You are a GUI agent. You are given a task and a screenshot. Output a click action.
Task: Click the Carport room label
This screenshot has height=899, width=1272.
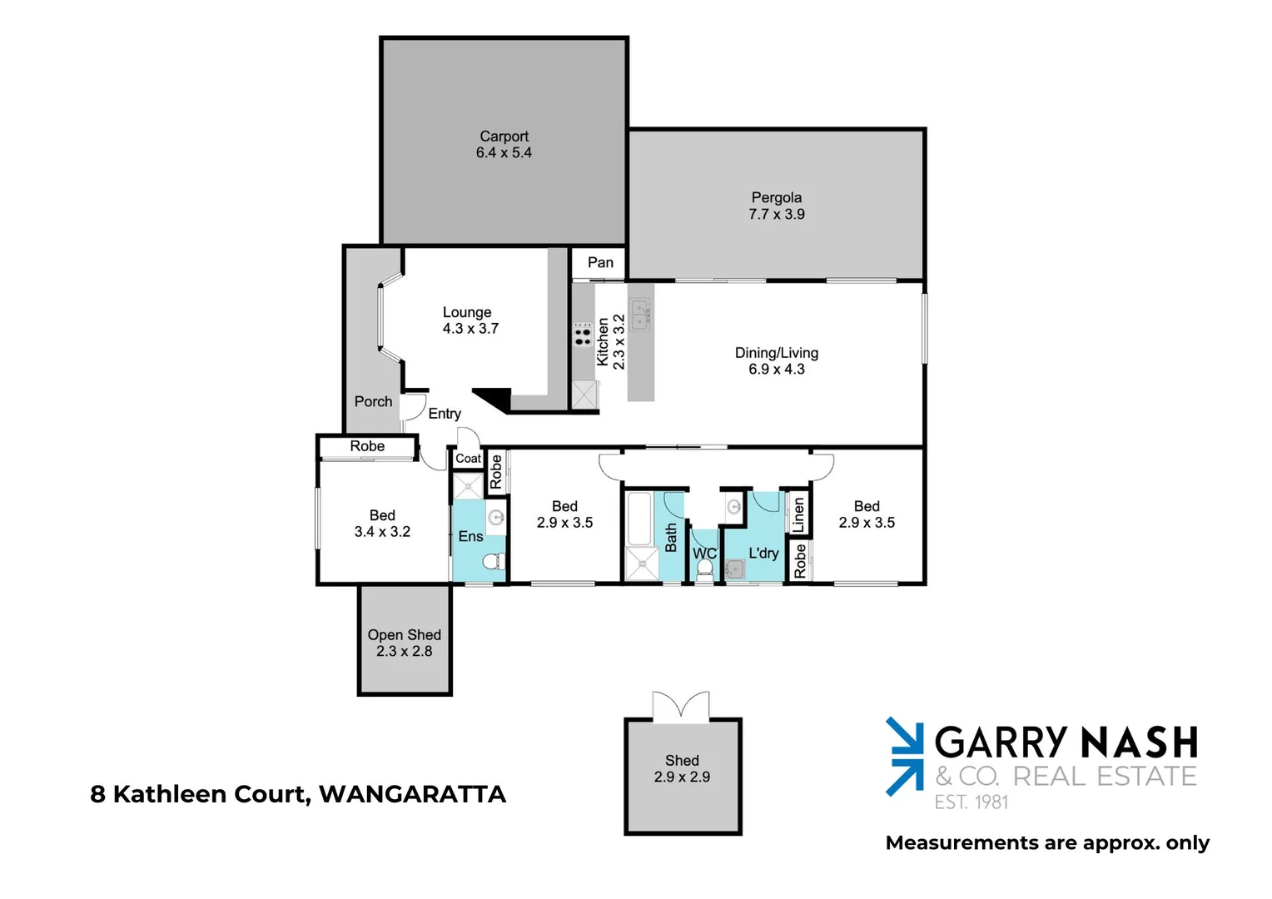point(504,137)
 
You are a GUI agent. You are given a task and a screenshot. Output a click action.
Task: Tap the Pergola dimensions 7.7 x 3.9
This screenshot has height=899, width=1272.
point(776,215)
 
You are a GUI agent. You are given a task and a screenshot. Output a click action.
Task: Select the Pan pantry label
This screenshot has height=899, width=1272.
point(600,263)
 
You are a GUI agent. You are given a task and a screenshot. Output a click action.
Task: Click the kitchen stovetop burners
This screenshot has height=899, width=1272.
point(583,335)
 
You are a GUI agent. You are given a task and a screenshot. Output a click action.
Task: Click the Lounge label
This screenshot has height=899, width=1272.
point(467,312)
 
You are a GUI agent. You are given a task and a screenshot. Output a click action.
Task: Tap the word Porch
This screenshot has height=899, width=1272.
point(373,402)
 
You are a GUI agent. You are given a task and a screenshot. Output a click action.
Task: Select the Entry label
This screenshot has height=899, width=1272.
point(445,414)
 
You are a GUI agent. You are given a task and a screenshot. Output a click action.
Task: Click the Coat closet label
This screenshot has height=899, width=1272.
point(468,459)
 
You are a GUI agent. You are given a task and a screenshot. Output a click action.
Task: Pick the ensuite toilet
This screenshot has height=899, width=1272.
point(494,561)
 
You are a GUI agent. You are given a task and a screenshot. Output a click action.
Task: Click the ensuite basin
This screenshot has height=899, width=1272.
point(496,517)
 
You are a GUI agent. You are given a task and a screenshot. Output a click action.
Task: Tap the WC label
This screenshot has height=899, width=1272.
point(704,554)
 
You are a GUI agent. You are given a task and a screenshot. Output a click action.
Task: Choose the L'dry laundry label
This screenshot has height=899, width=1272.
point(763,553)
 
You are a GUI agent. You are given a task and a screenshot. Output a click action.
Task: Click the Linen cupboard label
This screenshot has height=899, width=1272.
point(799,515)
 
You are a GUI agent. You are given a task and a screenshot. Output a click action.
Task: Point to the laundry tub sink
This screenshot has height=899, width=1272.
point(734,569)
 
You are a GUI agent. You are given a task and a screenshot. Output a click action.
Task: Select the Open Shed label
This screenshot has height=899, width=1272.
point(405,635)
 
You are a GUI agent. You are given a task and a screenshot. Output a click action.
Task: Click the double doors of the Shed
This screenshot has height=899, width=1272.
point(681,705)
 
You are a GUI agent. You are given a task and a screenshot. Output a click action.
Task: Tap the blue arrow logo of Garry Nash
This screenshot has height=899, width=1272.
point(905,756)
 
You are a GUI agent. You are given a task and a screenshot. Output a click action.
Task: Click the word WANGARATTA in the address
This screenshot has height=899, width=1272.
point(412,794)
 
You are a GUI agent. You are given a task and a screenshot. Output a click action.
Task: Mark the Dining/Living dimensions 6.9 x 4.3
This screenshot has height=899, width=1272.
point(776,370)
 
